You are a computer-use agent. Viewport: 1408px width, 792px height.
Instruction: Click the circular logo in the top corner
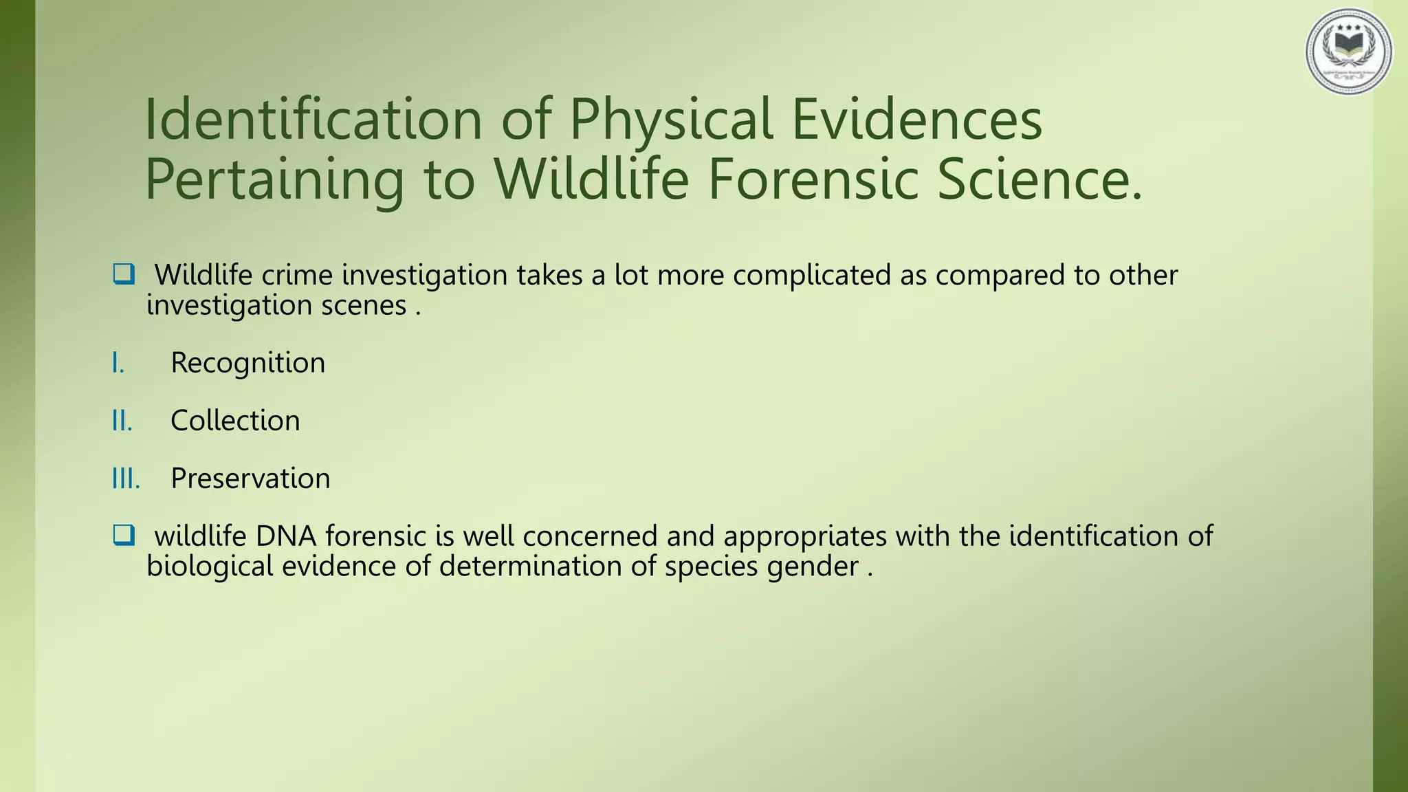1349,52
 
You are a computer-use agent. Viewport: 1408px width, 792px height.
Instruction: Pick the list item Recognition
247,363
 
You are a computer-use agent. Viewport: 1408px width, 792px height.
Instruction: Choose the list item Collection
235,421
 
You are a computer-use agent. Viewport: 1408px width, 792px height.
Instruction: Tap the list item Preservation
250,478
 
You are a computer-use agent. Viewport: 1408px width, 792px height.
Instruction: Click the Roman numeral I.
118,363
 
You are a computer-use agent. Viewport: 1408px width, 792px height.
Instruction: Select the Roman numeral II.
122,421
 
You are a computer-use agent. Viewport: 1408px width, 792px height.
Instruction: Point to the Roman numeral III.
126,478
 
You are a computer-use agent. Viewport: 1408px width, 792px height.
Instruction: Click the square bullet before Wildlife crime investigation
124,274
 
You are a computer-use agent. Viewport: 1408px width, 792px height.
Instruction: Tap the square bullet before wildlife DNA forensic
124,535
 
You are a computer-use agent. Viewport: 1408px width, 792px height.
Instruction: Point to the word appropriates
804,537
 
